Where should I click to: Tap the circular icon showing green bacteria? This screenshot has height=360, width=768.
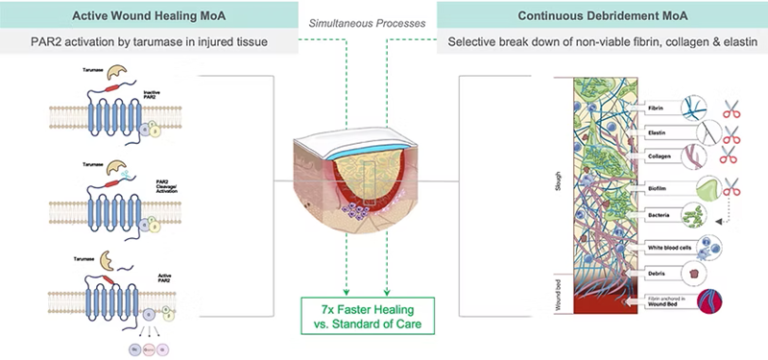click(x=695, y=214)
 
